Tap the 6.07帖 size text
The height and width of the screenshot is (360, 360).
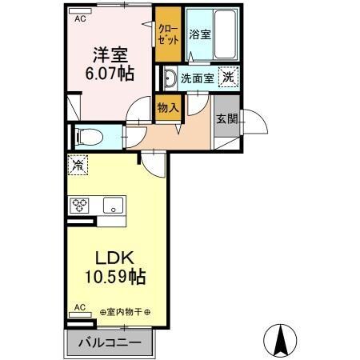(x=110, y=74)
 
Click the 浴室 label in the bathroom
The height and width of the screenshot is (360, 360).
(x=199, y=35)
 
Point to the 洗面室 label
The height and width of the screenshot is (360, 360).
(x=196, y=78)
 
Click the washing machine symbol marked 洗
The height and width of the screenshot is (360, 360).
(x=229, y=78)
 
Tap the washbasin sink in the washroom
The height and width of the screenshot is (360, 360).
(x=170, y=78)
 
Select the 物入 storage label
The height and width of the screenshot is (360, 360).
(x=167, y=107)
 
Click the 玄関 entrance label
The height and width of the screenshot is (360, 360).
(x=226, y=118)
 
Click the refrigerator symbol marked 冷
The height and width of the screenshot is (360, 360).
(x=78, y=166)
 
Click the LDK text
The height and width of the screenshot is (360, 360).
(x=114, y=260)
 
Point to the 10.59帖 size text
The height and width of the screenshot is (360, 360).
(x=115, y=278)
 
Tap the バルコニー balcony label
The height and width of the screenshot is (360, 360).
(x=110, y=343)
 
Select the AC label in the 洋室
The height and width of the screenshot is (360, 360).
(x=80, y=19)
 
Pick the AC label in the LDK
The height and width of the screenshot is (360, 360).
(x=80, y=306)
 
